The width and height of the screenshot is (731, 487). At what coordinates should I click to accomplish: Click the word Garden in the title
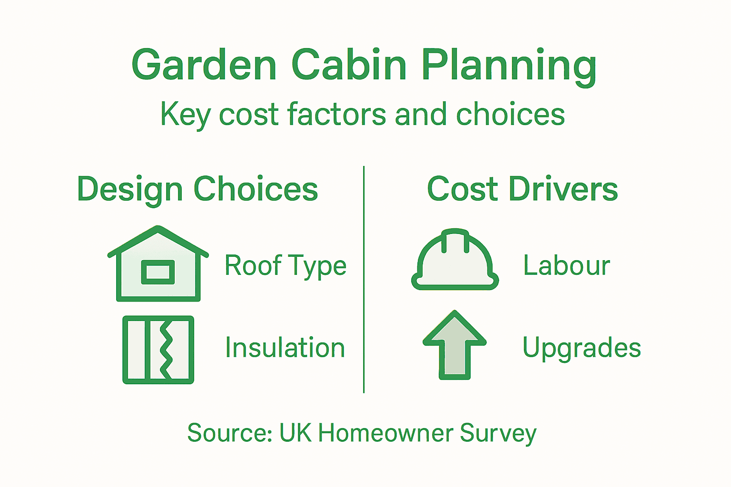(204, 66)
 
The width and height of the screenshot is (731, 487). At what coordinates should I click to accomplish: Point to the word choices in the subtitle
(510, 115)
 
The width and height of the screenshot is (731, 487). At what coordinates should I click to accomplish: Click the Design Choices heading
(198, 189)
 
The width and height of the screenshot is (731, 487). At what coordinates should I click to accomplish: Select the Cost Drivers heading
(522, 189)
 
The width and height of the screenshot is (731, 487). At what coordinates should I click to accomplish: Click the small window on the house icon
(158, 272)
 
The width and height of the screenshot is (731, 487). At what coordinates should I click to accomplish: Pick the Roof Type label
(286, 265)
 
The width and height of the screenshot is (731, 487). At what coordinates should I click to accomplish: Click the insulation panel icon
(158, 350)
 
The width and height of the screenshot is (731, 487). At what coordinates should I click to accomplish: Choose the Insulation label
(285, 348)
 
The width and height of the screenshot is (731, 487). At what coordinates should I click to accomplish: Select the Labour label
(566, 265)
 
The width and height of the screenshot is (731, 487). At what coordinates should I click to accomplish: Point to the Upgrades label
(582, 348)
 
